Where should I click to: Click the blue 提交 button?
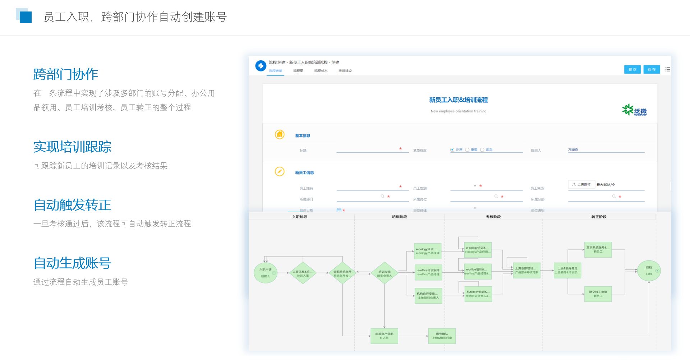coord(632,69)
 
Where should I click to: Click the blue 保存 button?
coord(652,69)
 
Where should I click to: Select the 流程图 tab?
coord(298,71)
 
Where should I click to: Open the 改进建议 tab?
coord(345,71)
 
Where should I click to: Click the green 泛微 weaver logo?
coord(634,110)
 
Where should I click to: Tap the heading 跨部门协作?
coord(66,74)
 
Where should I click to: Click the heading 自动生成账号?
coord(72,263)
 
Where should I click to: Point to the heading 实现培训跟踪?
coord(72,147)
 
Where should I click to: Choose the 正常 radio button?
coord(452,150)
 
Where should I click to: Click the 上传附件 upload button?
coord(581,184)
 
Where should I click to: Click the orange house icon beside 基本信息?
coord(280,134)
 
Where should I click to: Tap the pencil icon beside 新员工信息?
coord(280,171)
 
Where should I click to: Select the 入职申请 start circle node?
coord(266,273)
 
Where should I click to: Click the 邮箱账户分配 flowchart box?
coord(384,336)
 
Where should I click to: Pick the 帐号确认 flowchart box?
coord(442,336)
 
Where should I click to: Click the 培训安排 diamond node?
coord(384,273)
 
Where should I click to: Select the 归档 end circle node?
coord(649,271)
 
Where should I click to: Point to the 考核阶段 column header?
coord(493,217)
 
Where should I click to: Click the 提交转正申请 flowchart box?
coord(598,294)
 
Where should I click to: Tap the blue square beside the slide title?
coord(26,17)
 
